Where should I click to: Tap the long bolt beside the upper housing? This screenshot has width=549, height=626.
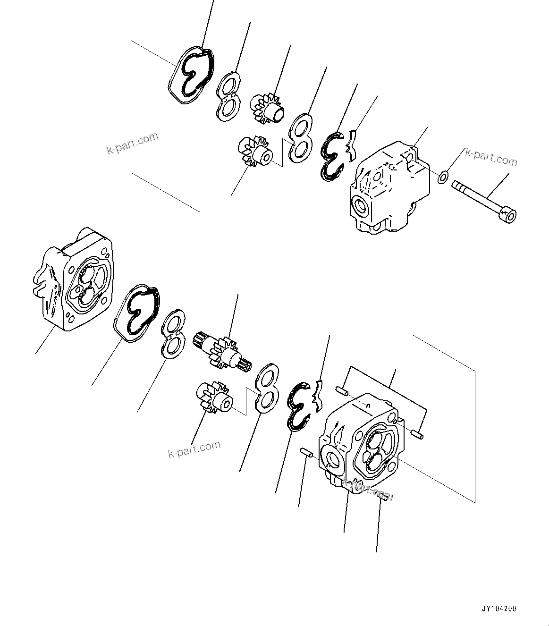tap(481, 200)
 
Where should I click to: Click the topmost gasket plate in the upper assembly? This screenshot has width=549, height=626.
tap(191, 77)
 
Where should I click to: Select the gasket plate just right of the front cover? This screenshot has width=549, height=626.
tap(136, 312)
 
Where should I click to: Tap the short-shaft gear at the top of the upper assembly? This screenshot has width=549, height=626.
tap(267, 108)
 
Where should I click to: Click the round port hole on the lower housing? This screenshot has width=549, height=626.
tap(333, 459)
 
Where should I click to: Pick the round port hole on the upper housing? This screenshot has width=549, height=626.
tap(362, 206)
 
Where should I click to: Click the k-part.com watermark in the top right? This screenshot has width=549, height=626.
tap(491, 158)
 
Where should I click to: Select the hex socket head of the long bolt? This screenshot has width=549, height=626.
tap(510, 216)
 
